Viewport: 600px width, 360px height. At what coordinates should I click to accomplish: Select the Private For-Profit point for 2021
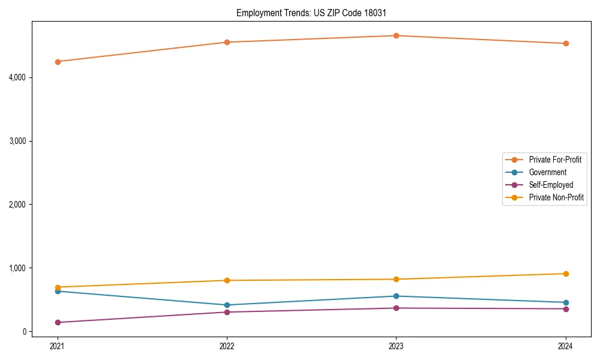coord(58,61)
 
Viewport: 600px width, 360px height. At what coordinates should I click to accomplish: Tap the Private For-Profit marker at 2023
coord(396,35)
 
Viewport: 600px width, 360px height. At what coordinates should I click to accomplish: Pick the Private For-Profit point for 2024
coord(565,43)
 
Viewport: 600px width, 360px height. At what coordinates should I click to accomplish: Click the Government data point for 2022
coord(227,305)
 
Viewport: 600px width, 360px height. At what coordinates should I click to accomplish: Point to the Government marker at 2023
coord(396,296)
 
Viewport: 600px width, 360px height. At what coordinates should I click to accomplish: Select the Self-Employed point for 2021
coord(58,322)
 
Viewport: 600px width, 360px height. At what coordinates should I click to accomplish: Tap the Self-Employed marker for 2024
coord(565,309)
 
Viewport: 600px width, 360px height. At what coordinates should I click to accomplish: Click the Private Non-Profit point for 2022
coord(227,280)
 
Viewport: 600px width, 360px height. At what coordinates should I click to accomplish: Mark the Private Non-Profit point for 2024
coord(565,274)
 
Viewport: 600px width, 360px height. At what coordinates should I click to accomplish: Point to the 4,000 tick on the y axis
coord(16,77)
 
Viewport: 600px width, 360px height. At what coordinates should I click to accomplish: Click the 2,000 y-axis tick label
coord(16,205)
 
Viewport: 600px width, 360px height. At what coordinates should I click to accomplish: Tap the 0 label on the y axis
coord(24,331)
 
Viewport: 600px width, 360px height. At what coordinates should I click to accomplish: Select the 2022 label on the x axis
coord(227,346)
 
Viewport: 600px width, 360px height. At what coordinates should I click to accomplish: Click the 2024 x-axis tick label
coord(565,346)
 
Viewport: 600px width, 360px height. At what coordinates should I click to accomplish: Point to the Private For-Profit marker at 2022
coord(227,42)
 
